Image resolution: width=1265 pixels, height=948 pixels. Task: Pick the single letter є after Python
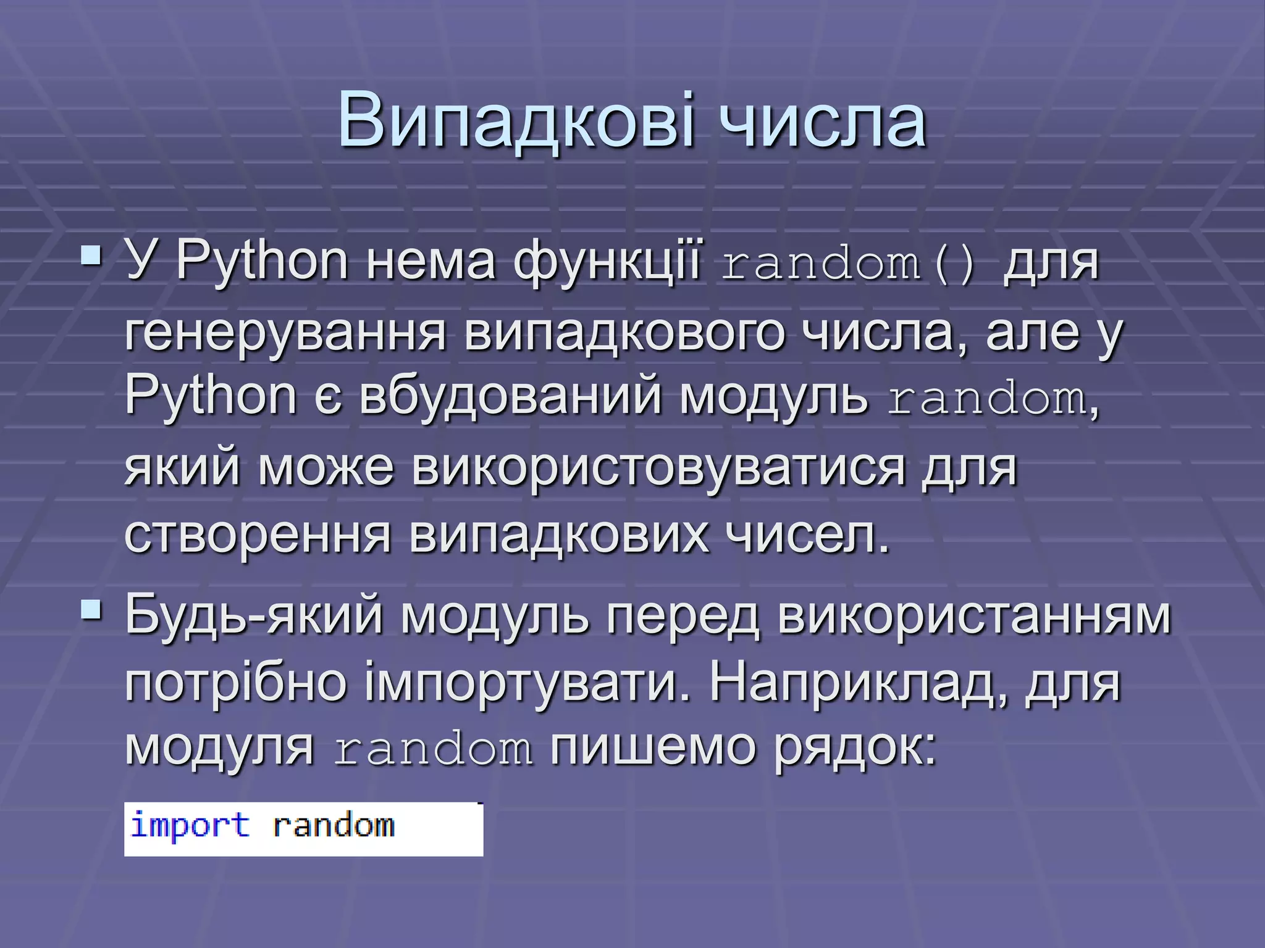[x=328, y=397]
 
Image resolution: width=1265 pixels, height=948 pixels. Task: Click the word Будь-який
[x=254, y=616]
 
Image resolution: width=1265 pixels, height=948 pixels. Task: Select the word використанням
[x=973, y=616]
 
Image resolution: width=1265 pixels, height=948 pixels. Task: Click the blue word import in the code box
[x=190, y=826]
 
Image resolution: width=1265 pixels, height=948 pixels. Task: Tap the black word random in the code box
[x=334, y=826]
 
